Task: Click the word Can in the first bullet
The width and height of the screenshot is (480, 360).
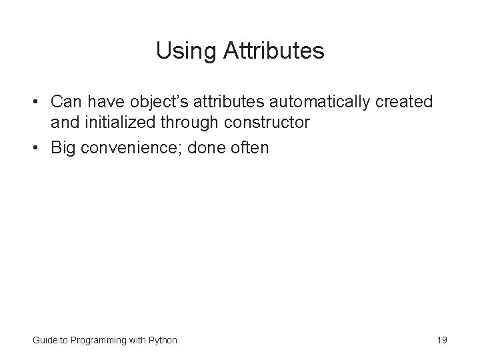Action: tap(65, 102)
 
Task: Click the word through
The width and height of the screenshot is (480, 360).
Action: tap(190, 123)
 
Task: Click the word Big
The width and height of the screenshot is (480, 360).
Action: tap(65, 147)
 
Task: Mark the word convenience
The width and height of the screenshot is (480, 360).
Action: tap(133, 147)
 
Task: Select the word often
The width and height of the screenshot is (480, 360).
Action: tap(249, 147)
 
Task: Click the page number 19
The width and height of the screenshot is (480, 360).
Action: tap(441, 340)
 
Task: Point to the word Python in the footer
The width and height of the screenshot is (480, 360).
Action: tap(163, 340)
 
